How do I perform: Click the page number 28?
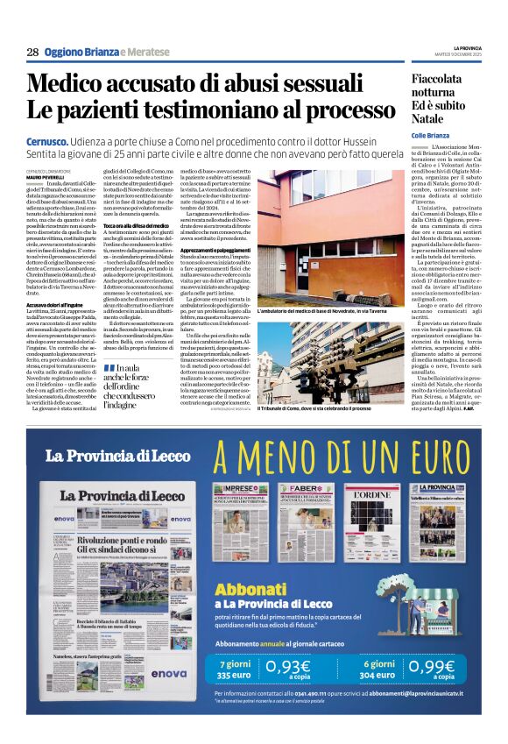(32, 53)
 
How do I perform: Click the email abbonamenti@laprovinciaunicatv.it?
(421, 693)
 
